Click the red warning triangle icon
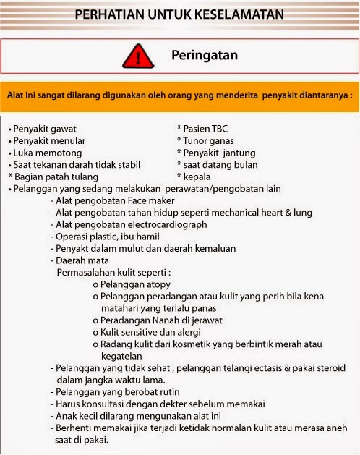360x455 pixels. (137, 56)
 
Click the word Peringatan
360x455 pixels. (205, 55)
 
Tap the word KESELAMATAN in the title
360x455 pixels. (233, 14)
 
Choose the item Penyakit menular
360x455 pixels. (49, 140)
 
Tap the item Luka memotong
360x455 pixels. (45, 153)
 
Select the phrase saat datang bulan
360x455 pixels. (214, 165)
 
